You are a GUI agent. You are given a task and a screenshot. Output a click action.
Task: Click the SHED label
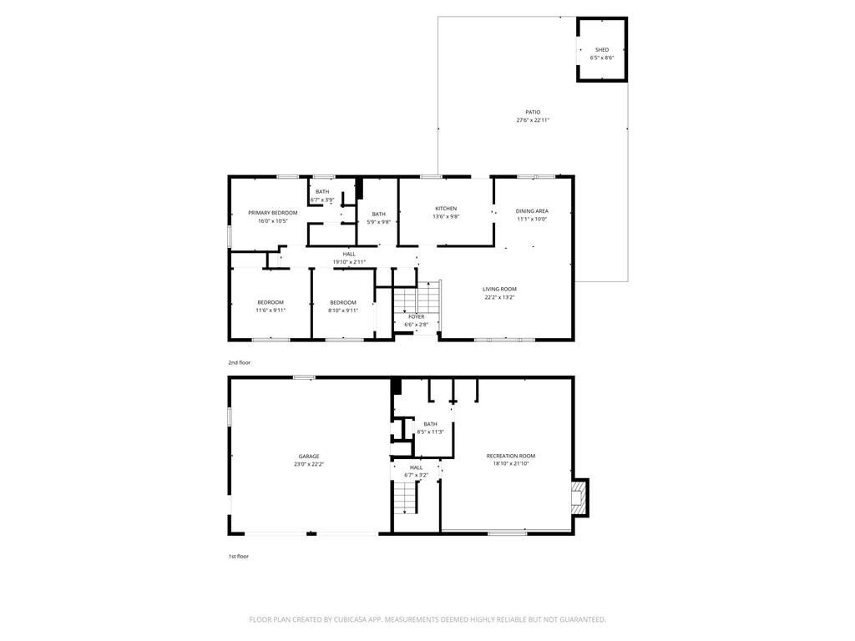pos(602,49)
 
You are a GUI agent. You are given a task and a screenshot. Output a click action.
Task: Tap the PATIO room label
pos(533,113)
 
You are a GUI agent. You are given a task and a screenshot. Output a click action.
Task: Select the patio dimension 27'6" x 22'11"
pos(533,120)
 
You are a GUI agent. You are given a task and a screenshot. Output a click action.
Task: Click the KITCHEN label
pos(446,209)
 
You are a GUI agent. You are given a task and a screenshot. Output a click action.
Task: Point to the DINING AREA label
pos(532,211)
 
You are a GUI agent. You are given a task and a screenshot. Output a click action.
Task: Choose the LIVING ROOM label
pos(499,290)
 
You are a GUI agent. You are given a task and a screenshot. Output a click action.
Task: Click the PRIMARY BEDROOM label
pos(273,213)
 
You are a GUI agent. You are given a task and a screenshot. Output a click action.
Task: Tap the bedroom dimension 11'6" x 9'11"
pos(271,310)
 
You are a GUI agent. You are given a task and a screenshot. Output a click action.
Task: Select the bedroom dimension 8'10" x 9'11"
pos(343,310)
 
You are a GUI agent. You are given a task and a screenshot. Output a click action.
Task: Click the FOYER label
pos(416,316)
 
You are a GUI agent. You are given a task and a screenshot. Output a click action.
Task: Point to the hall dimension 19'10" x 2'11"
pos(349,262)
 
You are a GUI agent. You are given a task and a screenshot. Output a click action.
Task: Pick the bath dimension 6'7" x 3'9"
pos(322,200)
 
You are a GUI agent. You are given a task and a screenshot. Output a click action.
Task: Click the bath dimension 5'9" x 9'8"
pos(378,222)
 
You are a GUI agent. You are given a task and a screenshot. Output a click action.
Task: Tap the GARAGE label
pos(309,457)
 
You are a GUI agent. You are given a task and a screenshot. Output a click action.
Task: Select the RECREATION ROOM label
pos(511,457)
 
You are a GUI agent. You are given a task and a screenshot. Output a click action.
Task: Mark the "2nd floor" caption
pos(240,362)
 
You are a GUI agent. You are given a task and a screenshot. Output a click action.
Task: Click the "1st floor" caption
pos(238,557)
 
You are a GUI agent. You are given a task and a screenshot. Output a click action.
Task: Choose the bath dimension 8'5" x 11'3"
pos(430,432)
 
